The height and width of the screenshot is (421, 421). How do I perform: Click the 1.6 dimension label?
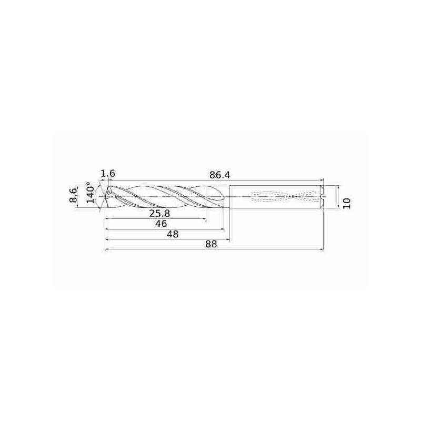108,174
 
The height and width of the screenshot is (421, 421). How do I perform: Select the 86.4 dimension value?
219,175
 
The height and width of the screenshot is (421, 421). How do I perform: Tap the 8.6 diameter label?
73,195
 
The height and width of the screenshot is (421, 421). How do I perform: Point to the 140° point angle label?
90,193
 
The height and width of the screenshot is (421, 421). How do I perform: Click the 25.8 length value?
159,214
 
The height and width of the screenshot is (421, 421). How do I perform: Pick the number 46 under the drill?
161,224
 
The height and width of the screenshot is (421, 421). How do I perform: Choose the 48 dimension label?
173,234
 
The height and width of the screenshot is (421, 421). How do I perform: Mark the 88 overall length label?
211,244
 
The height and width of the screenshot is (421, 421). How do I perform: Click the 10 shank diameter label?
347,203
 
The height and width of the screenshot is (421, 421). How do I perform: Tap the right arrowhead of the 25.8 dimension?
205,219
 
